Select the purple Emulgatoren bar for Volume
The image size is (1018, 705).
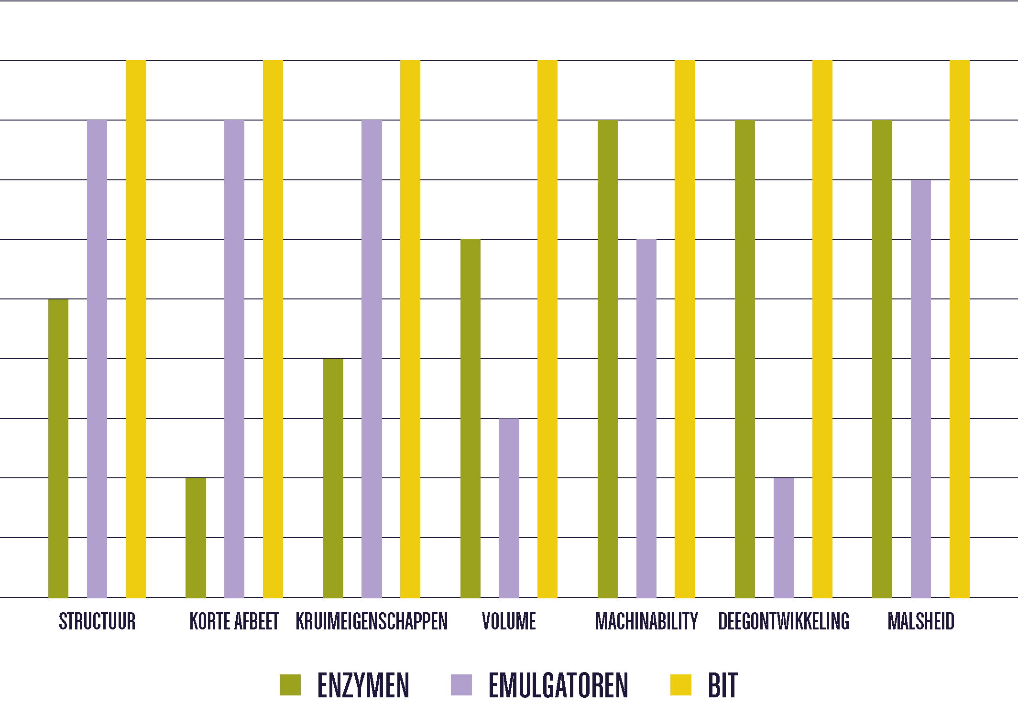[x=509, y=508]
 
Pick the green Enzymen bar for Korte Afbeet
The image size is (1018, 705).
[x=196, y=538]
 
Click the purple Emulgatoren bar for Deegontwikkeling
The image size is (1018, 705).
[x=783, y=538]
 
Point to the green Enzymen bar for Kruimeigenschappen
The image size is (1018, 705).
[x=333, y=478]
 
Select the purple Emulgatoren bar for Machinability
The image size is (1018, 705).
[x=646, y=419]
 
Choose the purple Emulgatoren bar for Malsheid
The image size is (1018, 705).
[x=920, y=389]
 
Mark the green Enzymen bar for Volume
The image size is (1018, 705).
[x=470, y=419]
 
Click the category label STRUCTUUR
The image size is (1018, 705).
[x=97, y=621]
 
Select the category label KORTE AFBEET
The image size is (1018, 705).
[x=234, y=621]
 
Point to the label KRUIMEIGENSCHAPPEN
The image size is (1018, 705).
[x=372, y=621]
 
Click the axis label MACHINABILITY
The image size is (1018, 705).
[x=646, y=621]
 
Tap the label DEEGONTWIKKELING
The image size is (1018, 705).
[x=784, y=621]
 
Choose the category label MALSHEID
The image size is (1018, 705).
[x=921, y=621]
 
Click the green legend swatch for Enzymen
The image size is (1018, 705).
[x=290, y=684]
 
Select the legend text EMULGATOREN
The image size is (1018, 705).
[x=558, y=685]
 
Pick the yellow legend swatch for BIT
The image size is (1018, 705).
[x=680, y=684]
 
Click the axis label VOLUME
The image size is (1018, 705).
[x=509, y=621]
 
